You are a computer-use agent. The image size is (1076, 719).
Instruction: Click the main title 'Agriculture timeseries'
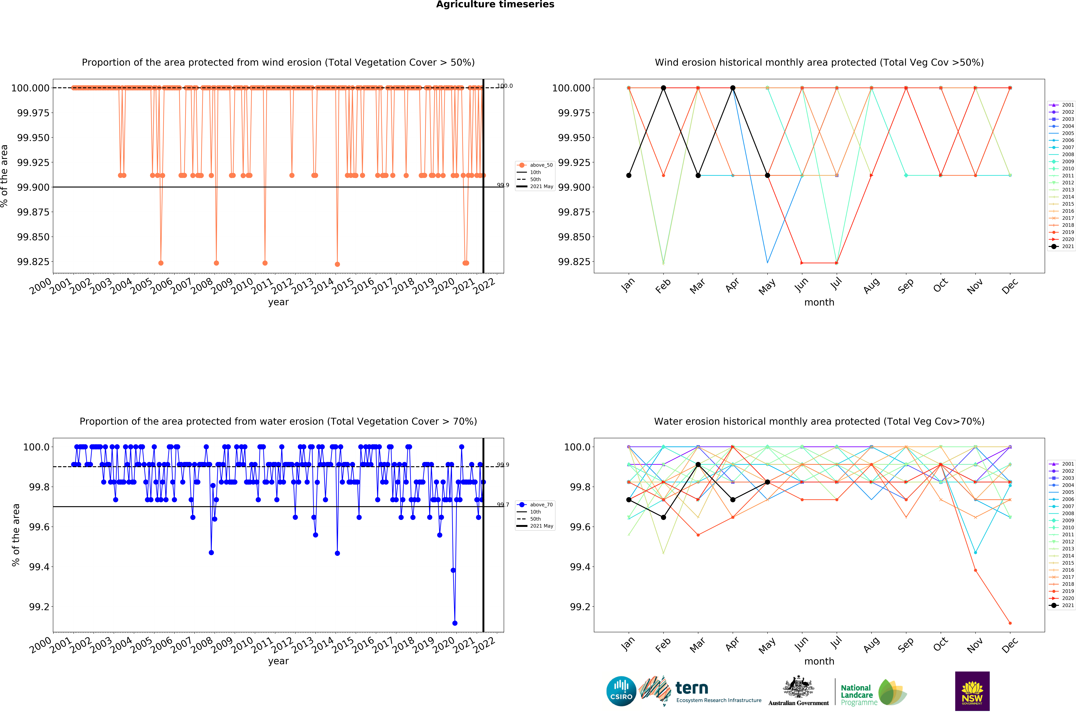(x=495, y=5)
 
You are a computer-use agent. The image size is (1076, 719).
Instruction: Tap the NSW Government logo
(x=972, y=691)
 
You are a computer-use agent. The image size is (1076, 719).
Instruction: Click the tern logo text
(x=692, y=688)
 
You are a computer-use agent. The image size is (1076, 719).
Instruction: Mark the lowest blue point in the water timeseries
(x=455, y=623)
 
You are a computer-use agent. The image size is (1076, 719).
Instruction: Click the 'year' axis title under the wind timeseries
(x=278, y=302)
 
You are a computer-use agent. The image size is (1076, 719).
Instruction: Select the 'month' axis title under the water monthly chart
(x=819, y=661)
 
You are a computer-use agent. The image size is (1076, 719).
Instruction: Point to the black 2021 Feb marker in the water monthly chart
(x=663, y=517)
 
